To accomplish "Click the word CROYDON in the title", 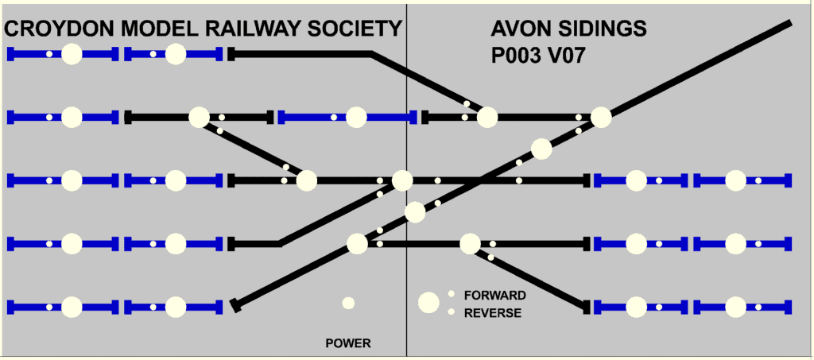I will [x=60, y=30].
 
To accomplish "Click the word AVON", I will [x=519, y=30].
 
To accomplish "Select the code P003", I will [x=517, y=57].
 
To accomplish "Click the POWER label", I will [x=348, y=344].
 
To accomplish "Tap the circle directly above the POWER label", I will [x=348, y=303].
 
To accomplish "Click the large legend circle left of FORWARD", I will [x=429, y=302].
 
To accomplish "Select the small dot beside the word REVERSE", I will [x=451, y=312].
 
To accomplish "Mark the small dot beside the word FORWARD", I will [x=451, y=294].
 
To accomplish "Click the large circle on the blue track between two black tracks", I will [x=356, y=118].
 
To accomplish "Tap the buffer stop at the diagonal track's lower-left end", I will [x=234, y=305].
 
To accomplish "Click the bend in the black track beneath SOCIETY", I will [x=371, y=54].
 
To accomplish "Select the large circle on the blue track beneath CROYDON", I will [x=72, y=54].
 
